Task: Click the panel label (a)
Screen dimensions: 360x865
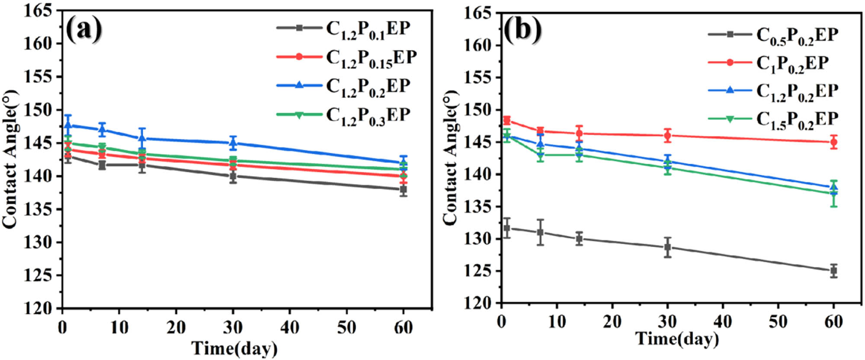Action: click(84, 29)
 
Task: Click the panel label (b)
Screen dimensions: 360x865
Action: click(523, 30)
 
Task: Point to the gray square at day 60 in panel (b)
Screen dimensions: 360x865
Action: click(833, 271)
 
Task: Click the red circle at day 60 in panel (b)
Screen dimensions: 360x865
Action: click(833, 142)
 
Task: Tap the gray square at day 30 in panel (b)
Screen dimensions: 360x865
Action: click(668, 247)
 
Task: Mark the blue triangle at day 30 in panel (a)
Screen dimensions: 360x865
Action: click(233, 143)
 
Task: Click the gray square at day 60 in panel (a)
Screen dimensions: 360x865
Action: click(404, 190)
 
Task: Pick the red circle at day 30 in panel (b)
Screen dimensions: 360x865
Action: click(668, 135)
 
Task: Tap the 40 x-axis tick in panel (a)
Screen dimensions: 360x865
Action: click(289, 328)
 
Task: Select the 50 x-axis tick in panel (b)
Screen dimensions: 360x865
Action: click(778, 322)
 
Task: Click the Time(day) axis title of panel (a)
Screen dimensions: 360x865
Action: click(234, 348)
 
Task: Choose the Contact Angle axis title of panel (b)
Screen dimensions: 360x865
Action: click(451, 158)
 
